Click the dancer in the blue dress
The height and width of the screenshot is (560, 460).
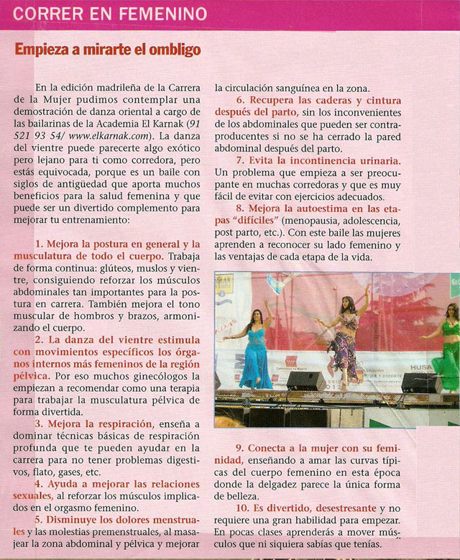pos(255,349)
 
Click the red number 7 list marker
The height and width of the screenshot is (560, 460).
pos(241,160)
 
